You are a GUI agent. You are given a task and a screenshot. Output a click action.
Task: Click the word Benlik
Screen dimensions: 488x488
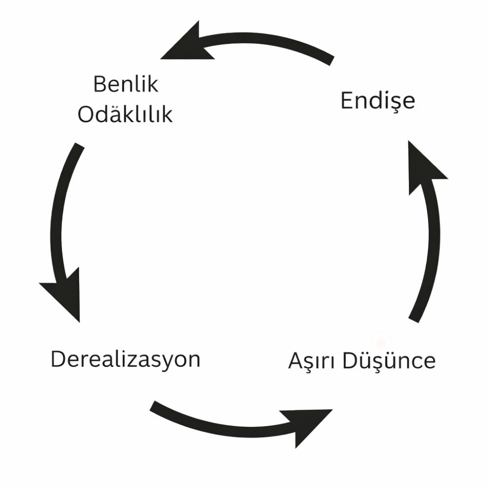click(x=126, y=84)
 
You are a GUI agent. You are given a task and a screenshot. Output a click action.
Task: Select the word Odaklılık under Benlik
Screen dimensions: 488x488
click(x=125, y=115)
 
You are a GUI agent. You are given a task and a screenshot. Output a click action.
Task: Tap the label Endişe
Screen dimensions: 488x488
click(x=377, y=101)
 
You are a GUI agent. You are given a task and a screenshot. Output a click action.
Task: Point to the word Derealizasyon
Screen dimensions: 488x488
click(x=125, y=360)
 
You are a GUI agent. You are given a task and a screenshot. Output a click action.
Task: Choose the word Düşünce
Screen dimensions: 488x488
click(x=388, y=361)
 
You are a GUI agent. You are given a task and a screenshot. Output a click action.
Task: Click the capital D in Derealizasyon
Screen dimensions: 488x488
click(x=58, y=360)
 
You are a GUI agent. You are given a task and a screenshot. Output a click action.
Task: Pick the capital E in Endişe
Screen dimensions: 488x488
click(x=346, y=101)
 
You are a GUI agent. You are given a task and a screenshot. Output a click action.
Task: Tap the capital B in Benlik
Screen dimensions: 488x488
click(x=99, y=84)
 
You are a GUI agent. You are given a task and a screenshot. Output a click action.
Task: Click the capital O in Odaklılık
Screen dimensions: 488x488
click(x=86, y=115)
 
